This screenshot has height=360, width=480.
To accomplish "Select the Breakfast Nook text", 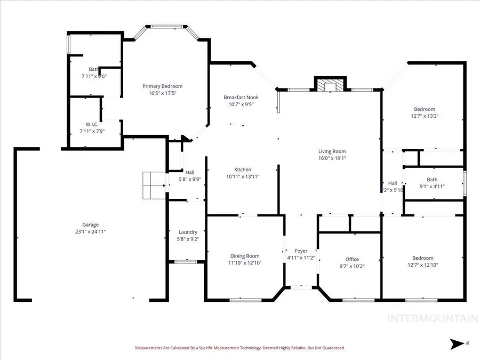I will point(241,97).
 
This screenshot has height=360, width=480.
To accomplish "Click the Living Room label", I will point(332,151).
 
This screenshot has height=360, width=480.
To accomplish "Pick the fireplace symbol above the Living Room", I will point(330,86).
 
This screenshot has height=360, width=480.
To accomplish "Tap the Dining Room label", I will point(245,255).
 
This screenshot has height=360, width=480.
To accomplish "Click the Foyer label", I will point(301,251).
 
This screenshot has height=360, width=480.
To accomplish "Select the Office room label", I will point(352,259).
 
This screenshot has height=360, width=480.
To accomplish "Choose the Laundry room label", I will point(188,232).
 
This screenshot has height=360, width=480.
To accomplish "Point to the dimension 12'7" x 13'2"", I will point(424,116).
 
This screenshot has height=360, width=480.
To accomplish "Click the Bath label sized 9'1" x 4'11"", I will point(432,179).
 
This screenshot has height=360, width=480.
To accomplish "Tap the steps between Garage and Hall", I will point(154,185).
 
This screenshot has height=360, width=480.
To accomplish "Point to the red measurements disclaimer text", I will point(239,348).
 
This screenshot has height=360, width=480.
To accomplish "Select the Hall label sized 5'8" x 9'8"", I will point(190,172).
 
